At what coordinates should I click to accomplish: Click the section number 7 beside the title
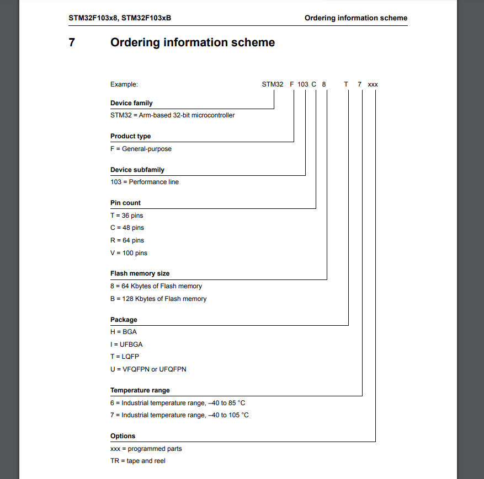tap(72, 42)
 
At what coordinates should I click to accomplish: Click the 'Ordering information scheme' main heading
tap(193, 42)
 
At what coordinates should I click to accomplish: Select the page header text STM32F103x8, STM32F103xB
tap(120, 18)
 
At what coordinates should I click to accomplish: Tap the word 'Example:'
tap(124, 84)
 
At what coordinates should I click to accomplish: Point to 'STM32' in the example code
tap(273, 84)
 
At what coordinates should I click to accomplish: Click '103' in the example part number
tap(302, 84)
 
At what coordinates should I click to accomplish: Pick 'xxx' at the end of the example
tap(373, 84)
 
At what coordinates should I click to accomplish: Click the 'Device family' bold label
tap(131, 103)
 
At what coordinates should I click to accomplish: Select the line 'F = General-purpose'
tap(141, 149)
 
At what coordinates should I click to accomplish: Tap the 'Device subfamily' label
tap(137, 170)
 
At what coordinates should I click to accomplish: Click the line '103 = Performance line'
tap(145, 182)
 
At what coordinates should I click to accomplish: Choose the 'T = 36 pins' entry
tap(127, 216)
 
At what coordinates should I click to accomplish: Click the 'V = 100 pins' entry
tap(129, 253)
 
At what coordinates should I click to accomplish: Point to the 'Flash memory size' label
tap(140, 273)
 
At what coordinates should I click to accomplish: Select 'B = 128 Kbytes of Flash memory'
tap(158, 299)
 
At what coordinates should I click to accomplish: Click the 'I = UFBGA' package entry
tap(126, 345)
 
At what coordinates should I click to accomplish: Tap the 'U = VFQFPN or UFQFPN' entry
tap(148, 369)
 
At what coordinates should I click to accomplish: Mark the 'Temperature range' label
tap(140, 390)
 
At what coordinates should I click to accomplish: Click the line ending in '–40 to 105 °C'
tap(179, 415)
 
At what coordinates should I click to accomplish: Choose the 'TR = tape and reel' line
tap(138, 461)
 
